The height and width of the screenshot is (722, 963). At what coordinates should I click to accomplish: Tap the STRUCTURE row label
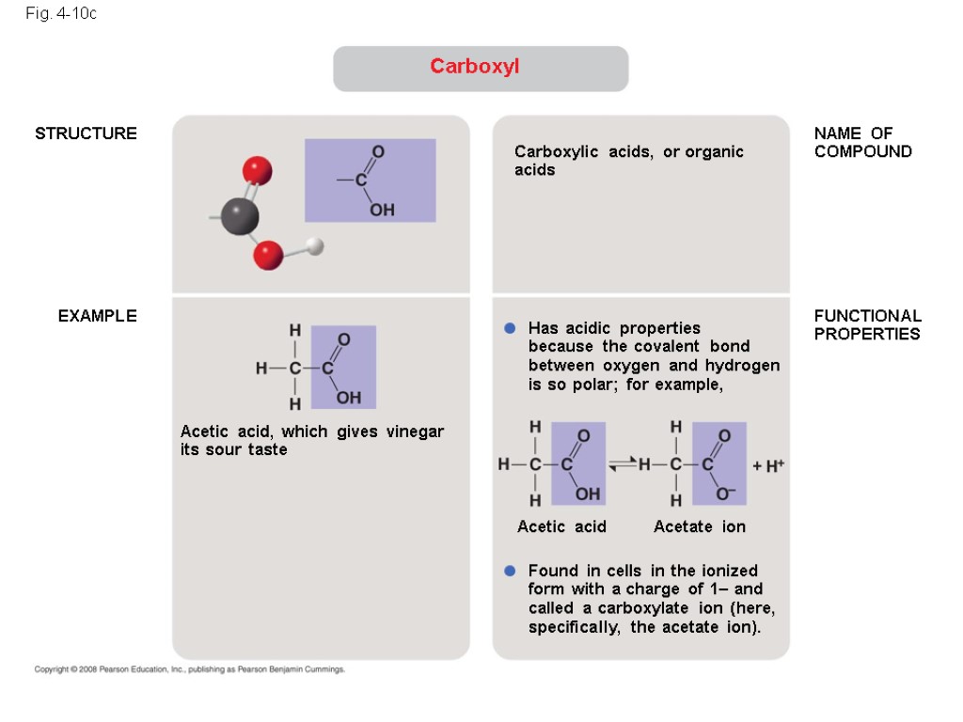[x=86, y=133]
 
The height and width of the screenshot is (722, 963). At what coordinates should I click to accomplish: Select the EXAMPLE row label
[x=97, y=316]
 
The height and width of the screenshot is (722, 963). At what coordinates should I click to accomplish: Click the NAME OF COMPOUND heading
[x=862, y=143]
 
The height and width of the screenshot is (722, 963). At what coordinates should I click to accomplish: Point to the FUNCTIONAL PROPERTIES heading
[x=867, y=324]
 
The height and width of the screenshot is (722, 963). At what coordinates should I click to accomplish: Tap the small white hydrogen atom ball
[x=315, y=246]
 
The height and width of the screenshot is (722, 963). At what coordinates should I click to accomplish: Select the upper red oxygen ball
[x=257, y=171]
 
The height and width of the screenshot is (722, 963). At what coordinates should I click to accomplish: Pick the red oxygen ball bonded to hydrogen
[x=268, y=254]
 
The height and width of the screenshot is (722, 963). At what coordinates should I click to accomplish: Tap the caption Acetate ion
[x=699, y=526]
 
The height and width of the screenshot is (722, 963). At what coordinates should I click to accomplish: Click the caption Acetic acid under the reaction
[x=561, y=526]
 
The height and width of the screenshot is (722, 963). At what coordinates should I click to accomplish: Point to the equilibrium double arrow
[x=624, y=463]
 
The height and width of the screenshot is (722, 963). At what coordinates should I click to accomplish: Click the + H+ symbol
[x=767, y=465]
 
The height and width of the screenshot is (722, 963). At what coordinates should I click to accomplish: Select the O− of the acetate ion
[x=725, y=494]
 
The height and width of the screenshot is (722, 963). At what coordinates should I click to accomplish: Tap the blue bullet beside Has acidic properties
[x=511, y=328]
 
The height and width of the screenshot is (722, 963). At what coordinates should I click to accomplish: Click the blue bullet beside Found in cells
[x=511, y=571]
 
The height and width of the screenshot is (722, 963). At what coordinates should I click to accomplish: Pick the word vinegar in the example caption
[x=415, y=432]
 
